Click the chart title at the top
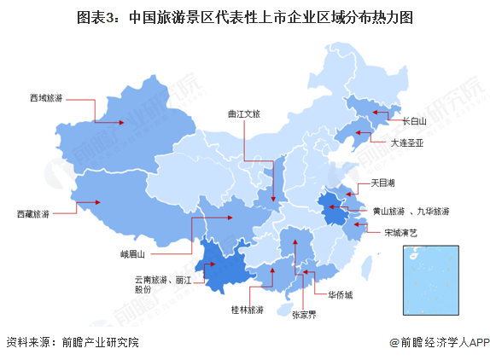244,18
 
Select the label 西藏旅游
33,214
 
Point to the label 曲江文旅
245,111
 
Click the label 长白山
416,121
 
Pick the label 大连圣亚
407,143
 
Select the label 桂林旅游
248,310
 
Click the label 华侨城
339,294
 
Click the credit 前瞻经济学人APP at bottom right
439,342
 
